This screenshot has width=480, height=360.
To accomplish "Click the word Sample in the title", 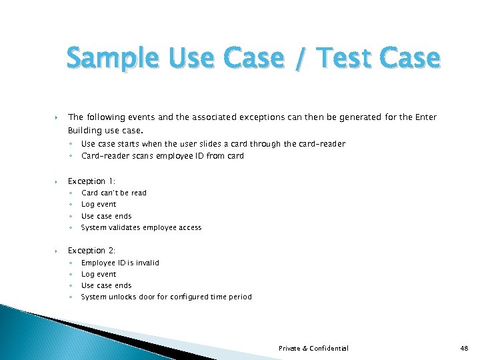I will point(112,59).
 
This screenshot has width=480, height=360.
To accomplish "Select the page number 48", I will point(465,348).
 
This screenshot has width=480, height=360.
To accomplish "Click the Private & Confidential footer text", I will point(313,348).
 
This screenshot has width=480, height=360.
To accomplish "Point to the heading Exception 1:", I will point(92,181).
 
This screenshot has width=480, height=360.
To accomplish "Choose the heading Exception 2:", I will point(92,251).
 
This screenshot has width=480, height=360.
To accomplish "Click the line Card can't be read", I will point(114,193).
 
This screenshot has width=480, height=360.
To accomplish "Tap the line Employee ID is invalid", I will point(120,263).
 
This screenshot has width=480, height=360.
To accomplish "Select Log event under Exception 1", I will point(99,205).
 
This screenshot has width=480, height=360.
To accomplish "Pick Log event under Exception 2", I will point(99,274).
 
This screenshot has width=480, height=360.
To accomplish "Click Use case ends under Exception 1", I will point(107,216).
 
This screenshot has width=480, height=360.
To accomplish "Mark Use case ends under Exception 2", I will point(107,285).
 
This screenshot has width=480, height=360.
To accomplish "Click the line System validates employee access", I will point(141,227).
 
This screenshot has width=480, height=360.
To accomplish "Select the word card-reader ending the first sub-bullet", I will point(324,144).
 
